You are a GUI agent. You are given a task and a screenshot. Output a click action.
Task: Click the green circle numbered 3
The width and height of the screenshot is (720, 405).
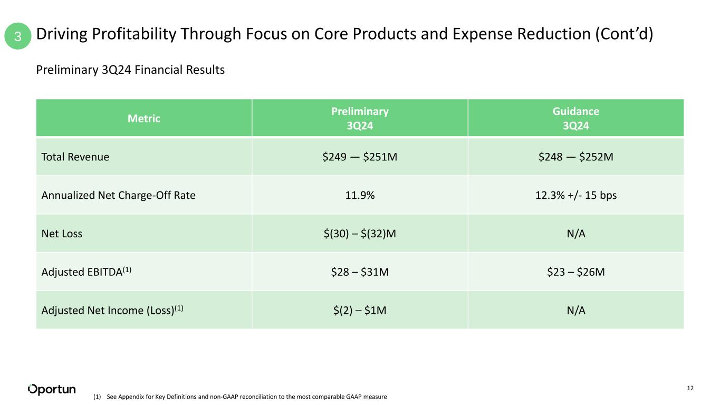pos(18,36)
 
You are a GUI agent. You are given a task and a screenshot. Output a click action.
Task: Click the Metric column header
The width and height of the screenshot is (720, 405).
pos(143,119)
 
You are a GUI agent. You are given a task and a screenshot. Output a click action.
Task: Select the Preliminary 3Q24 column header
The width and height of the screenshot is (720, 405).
pos(360,119)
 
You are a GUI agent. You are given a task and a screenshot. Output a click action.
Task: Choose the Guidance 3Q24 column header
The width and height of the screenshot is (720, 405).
pos(576,119)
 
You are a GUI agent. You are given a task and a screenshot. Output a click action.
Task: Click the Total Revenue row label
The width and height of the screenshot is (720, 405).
pos(75,157)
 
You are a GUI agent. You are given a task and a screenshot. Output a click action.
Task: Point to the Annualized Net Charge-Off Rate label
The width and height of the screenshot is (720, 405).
pos(119,195)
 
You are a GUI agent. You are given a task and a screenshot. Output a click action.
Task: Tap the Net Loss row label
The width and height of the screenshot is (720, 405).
pos(62,234)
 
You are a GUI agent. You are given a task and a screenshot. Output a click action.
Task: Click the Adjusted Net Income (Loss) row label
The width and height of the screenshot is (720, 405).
pos(112,310)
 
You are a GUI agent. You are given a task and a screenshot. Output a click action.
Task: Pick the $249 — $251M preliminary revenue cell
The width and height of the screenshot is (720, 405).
pos(360,157)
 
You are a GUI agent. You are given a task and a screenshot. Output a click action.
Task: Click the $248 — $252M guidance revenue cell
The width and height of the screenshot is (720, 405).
pos(576,157)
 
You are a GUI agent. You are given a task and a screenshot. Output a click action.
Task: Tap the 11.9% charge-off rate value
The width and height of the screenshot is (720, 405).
pos(360,195)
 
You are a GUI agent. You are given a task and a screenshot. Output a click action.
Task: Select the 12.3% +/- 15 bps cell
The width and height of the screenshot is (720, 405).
pos(576,195)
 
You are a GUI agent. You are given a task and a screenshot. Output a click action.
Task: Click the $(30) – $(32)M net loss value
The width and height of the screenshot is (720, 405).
pos(360,234)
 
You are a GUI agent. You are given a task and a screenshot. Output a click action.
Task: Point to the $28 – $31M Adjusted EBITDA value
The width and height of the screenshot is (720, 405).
pos(360,272)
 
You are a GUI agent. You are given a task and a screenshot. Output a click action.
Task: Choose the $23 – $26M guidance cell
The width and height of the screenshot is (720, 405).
pos(576,272)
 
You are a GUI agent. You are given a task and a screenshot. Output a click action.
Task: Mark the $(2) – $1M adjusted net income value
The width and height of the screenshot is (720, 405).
pos(360,311)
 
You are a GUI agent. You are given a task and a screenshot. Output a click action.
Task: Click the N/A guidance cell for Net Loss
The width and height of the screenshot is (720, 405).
pos(576,234)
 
